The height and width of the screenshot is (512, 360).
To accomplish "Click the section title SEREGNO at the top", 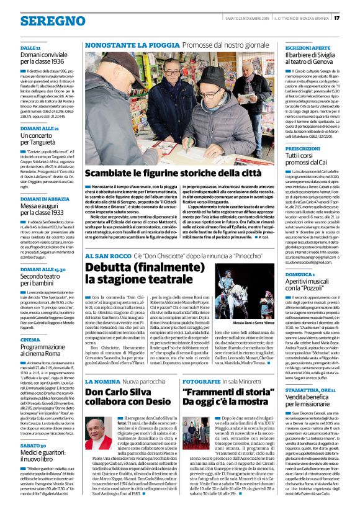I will coord(36,20).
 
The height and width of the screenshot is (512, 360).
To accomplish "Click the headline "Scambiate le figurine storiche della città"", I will coord(173,173).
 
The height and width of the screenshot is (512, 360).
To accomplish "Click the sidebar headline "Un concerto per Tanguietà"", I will coord(40,139).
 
